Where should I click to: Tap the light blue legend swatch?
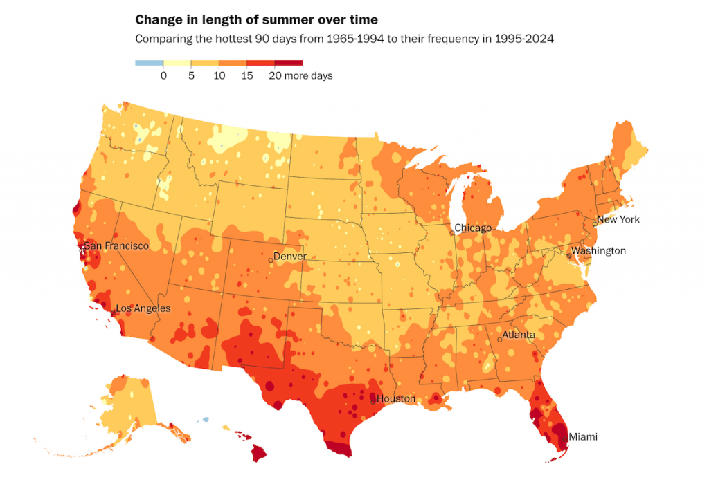coord(149,63)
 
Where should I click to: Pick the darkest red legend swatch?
coord(289,63)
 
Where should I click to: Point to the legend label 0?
coord(163,76)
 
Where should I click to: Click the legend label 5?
coord(191,76)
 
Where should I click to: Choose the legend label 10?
coord(219,76)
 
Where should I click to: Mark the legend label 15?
coord(247,76)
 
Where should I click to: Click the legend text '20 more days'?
coord(300,76)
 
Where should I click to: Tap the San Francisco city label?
coord(116,246)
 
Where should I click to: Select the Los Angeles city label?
coord(143,308)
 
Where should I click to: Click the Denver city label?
coord(290,256)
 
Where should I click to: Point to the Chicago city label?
coord(473,228)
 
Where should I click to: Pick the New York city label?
coord(618,220)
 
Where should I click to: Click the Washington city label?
coord(599,251)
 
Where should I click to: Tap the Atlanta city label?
coord(519,335)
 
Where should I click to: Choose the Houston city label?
coord(396,399)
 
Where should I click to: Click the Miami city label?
coord(582,436)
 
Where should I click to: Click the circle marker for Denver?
coord(270,260)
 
